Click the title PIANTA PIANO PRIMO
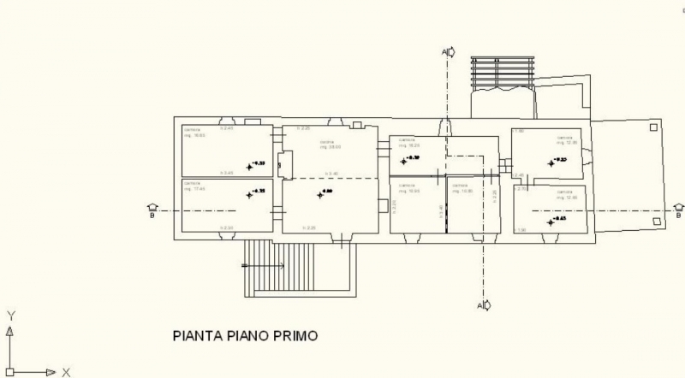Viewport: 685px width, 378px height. click(245, 335)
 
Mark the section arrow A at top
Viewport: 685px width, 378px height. click(449, 52)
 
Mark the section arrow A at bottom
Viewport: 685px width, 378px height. click(484, 305)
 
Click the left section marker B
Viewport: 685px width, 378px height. click(152, 210)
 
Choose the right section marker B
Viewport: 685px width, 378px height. click(679, 210)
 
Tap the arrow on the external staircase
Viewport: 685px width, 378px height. click(265, 266)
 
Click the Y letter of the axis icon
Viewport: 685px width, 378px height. click(10, 315)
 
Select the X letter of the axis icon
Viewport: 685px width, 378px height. click(65, 372)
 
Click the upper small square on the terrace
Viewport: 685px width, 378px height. click(653, 127)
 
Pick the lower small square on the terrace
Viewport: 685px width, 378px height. click(656, 221)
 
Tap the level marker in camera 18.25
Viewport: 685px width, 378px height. click(403, 159)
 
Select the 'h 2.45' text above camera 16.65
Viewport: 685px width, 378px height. click(227, 128)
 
